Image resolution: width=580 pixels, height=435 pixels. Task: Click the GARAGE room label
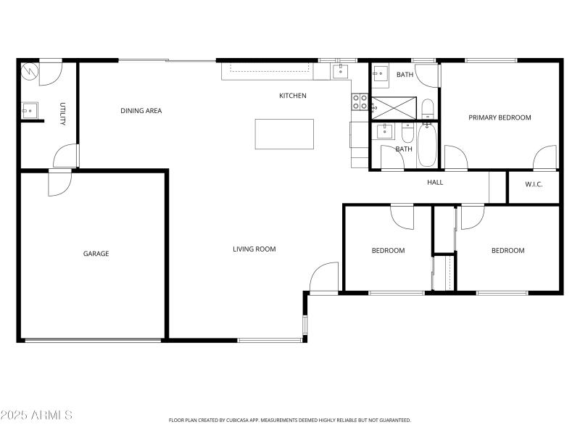click(96, 254)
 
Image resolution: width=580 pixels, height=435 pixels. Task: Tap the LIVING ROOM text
click(254, 249)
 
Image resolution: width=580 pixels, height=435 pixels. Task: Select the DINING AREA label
click(141, 111)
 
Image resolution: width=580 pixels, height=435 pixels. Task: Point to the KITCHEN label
click(293, 96)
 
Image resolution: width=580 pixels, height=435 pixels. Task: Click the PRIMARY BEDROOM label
click(500, 117)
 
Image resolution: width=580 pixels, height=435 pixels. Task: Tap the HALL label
click(435, 182)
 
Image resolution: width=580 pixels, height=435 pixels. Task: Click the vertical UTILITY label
click(62, 114)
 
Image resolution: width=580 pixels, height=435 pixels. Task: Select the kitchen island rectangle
click(284, 134)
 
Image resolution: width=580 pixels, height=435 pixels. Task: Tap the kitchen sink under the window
click(341, 71)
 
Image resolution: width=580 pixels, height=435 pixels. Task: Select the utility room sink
click(30, 110)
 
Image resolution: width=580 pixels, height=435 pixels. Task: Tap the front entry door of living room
click(324, 277)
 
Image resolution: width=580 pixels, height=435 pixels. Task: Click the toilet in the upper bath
click(427, 109)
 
